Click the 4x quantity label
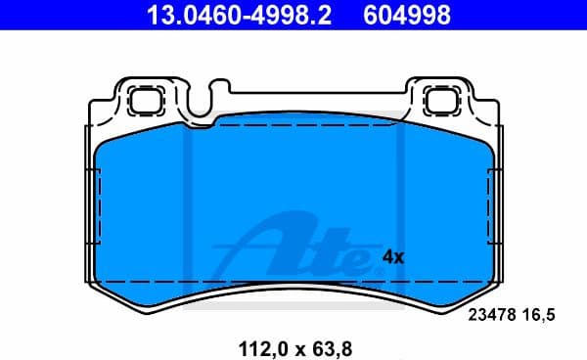pos(392,257)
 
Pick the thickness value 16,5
pos(543,314)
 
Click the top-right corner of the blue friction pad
pos(484,137)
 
